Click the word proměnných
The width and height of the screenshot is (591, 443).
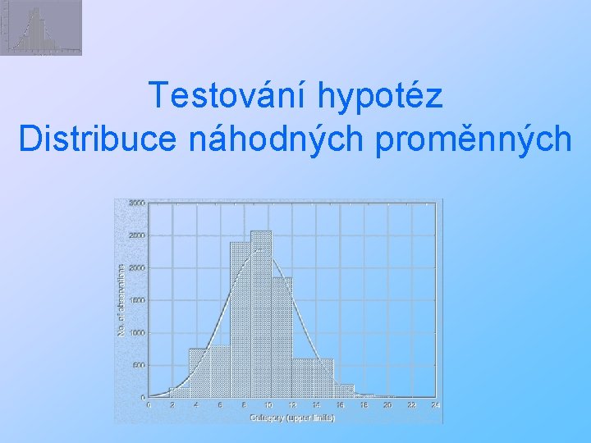pos(473,139)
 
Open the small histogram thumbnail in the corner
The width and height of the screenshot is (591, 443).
pos(41,28)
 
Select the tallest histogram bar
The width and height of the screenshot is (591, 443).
pos(261,312)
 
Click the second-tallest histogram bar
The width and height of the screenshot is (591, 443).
pos(241,320)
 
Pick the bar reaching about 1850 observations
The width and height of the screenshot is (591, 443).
pos(282,336)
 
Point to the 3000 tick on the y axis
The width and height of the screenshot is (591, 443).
pos(136,203)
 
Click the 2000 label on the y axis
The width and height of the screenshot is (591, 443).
pos(136,268)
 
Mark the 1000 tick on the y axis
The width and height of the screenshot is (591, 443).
pos(136,333)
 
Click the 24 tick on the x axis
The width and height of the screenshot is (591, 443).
pos(436,405)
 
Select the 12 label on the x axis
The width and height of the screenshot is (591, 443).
pos(291,405)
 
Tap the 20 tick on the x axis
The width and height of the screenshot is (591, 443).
pos(387,405)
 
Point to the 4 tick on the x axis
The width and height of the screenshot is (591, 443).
pos(196,405)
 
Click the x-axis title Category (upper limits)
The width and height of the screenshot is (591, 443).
pos(292,417)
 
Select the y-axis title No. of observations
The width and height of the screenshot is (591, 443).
pos(121,299)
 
